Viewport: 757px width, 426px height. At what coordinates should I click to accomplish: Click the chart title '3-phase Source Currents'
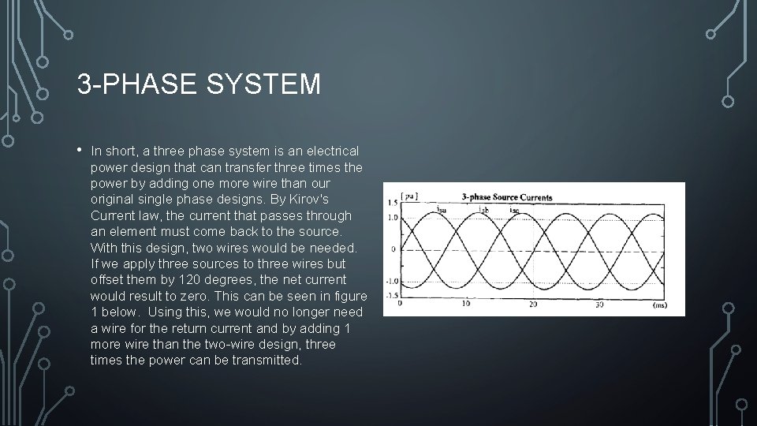coord(507,196)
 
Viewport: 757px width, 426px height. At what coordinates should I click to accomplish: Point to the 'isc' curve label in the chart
coord(514,210)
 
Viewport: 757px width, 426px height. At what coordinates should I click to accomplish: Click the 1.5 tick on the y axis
coord(393,204)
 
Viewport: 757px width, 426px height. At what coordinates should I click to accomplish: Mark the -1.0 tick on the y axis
coord(392,282)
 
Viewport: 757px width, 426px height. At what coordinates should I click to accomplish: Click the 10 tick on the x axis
coord(466,304)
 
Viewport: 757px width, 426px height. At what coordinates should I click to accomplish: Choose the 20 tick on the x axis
coord(533,304)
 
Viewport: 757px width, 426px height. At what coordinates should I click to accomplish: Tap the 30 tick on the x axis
coord(599,304)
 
